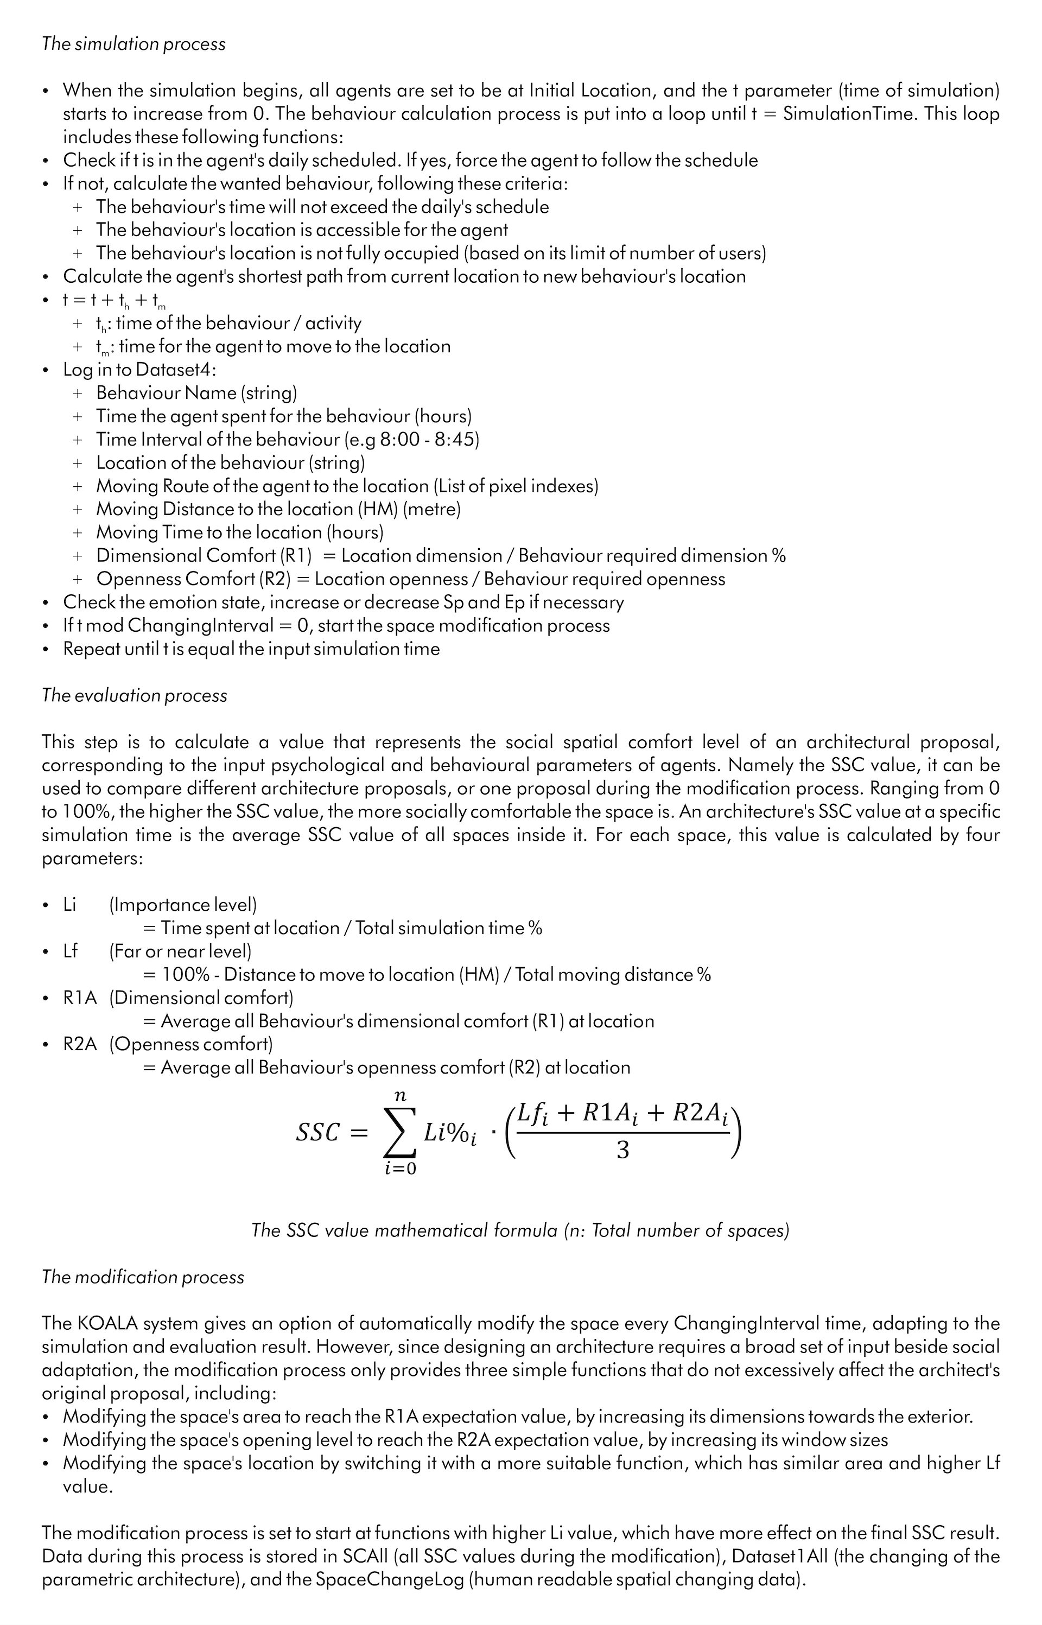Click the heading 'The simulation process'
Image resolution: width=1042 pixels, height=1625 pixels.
(x=134, y=44)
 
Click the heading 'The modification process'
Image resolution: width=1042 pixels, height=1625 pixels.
(x=143, y=1277)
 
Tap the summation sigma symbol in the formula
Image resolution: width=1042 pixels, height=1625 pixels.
(x=400, y=1132)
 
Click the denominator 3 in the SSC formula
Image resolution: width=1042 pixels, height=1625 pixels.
(x=622, y=1151)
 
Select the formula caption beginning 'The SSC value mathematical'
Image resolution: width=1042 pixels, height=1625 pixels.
(x=520, y=1230)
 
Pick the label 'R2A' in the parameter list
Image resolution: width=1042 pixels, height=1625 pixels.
(x=80, y=1044)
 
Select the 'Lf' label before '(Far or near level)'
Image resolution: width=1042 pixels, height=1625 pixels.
(x=71, y=951)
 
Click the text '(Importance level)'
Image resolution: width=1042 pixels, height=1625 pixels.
(x=183, y=905)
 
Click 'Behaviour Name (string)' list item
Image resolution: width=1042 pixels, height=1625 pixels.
(x=196, y=393)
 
